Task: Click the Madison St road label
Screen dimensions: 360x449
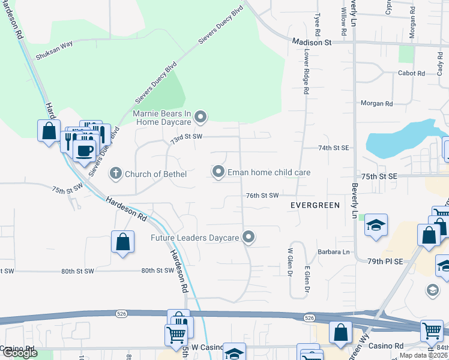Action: coord(312,43)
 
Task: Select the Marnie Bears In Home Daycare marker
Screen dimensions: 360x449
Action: coord(201,116)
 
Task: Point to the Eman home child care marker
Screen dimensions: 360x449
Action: coord(218,172)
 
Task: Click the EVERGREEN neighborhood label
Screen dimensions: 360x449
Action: coord(315,205)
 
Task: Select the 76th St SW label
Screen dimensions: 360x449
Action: coord(263,196)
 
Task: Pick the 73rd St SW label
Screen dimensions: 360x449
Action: coord(187,137)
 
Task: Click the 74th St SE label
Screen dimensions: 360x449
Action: coord(333,148)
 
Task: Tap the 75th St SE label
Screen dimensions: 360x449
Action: coord(379,176)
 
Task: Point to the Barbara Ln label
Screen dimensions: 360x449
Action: coord(334,252)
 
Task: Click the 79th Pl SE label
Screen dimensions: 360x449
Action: coord(385,262)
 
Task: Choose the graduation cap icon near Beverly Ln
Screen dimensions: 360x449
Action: coord(376,225)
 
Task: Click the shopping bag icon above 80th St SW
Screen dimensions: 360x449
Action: coord(122,242)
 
